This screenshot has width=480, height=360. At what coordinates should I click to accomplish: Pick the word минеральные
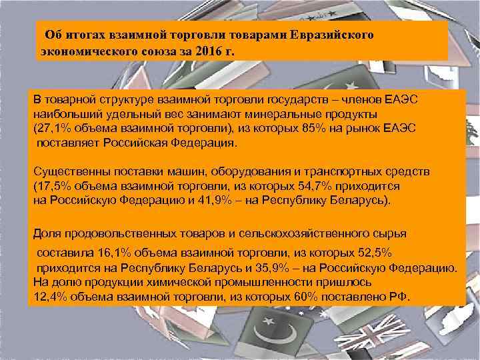pyautogui.click(x=295, y=114)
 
